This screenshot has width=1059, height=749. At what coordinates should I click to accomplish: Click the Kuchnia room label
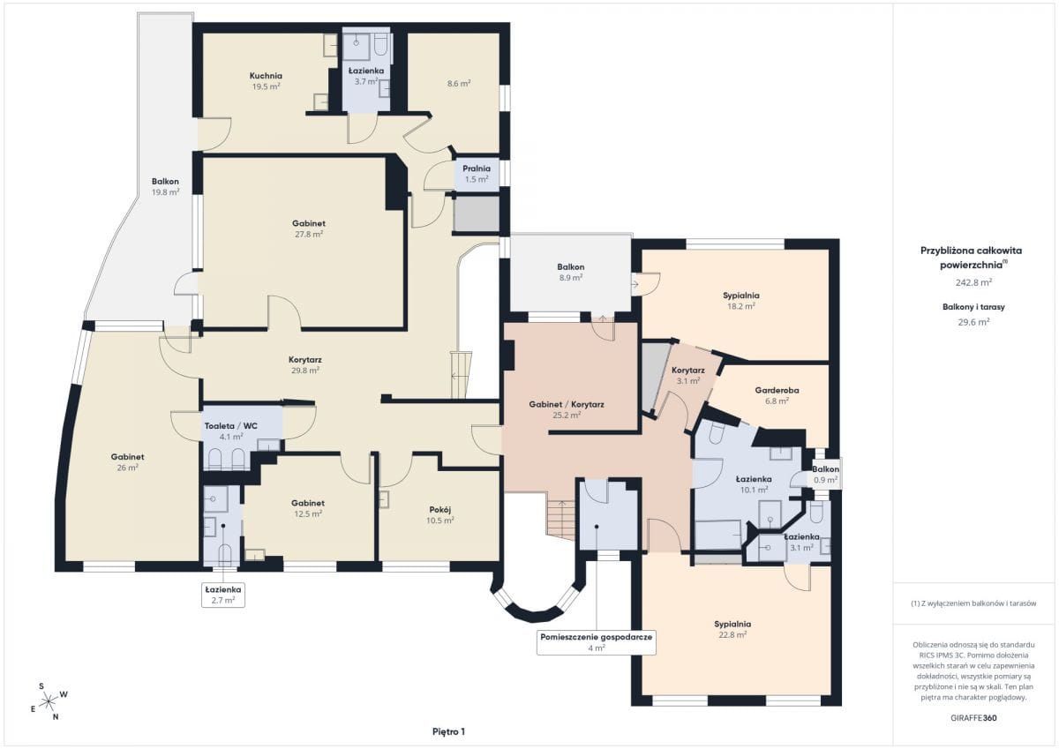pos(266,76)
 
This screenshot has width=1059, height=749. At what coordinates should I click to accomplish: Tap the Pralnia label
pos(476,169)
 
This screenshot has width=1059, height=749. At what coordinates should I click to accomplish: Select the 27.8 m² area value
pos(309,234)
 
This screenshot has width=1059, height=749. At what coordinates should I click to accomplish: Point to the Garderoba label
pos(777,390)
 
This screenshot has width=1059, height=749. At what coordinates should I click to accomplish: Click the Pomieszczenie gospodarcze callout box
pos(597,642)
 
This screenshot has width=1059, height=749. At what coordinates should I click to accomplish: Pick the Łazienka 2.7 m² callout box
pos(223,595)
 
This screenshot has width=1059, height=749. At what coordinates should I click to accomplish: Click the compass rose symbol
pos(49,701)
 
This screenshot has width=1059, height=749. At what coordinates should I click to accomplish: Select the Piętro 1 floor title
pos(448,731)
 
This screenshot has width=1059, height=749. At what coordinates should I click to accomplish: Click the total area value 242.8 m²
pos(973,282)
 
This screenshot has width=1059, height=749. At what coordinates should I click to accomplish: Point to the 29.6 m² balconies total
pos(973,322)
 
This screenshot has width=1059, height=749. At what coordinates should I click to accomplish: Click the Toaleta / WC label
pos(230,426)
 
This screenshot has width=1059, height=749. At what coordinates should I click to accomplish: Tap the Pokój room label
pos(440,510)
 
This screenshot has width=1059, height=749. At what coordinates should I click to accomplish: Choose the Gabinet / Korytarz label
pos(567,405)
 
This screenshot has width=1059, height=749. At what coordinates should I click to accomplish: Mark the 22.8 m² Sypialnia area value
pos(732,634)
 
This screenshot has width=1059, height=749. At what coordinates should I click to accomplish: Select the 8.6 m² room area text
pos(459,84)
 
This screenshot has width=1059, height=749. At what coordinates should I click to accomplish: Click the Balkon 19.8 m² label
pos(165,187)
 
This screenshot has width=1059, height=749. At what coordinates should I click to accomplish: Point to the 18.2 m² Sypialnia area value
pos(740,306)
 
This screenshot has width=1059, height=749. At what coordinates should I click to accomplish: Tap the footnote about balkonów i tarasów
pos(973,603)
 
